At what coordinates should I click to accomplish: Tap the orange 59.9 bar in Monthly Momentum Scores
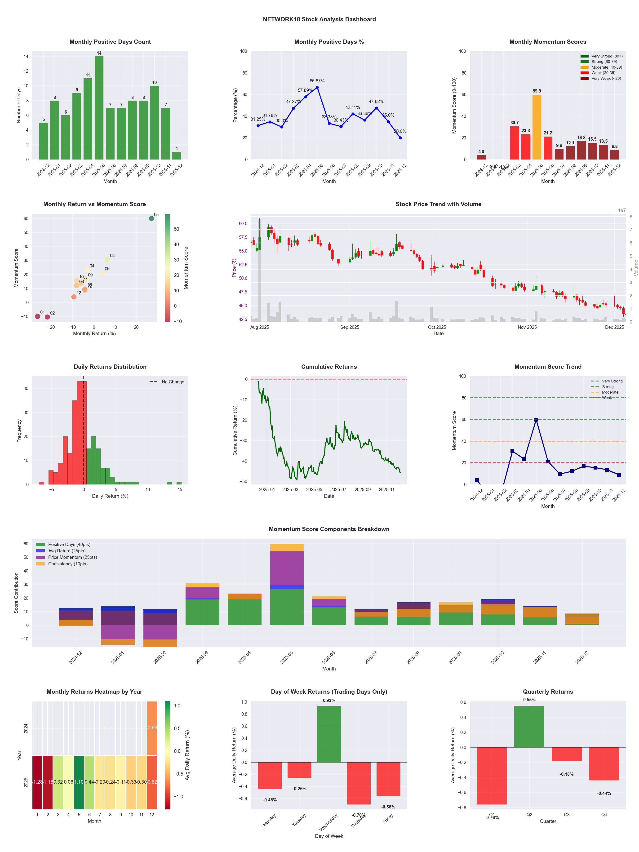tap(537, 127)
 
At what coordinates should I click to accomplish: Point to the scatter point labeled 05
tap(151, 218)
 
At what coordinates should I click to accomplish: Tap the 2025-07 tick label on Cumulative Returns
tap(338, 490)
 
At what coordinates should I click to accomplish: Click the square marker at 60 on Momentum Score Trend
tap(536, 419)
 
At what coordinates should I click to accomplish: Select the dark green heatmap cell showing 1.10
tap(79, 782)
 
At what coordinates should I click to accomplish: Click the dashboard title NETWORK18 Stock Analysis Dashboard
tap(319, 19)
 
